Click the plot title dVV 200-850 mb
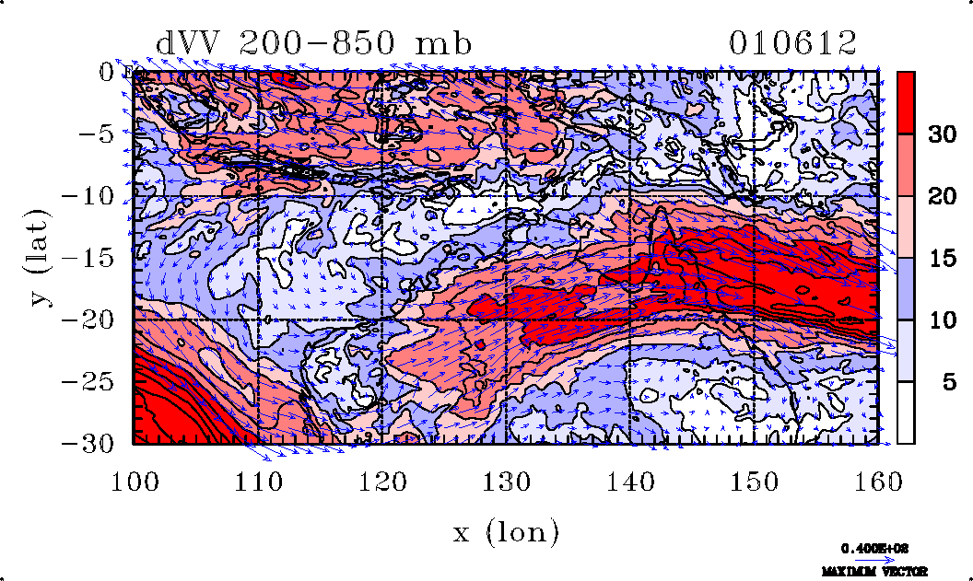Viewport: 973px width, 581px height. click(x=314, y=43)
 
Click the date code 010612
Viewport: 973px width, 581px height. click(x=792, y=43)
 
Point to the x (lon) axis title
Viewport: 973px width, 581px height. click(x=506, y=531)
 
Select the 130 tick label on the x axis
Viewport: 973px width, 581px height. click(x=506, y=482)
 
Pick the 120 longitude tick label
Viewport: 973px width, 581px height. click(x=381, y=482)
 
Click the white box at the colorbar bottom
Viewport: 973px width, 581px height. click(x=906, y=413)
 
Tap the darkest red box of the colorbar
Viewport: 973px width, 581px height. click(x=906, y=102)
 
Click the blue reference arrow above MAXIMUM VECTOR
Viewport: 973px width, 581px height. click(x=869, y=560)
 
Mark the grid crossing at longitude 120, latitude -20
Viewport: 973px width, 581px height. click(x=381, y=320)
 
